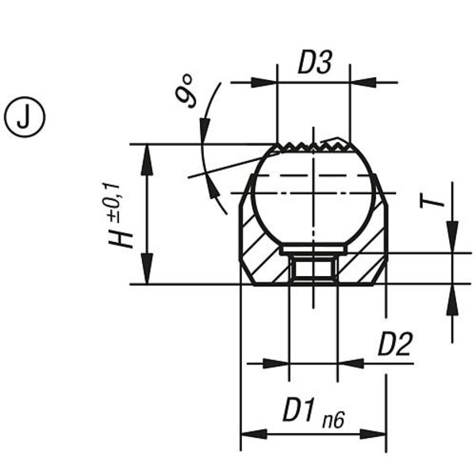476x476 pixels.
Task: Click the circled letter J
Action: [x=25, y=117]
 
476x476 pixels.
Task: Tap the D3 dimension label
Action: [x=314, y=63]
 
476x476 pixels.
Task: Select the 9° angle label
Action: [x=185, y=90]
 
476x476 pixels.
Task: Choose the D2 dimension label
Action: [x=395, y=344]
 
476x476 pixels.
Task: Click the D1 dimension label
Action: [x=299, y=410]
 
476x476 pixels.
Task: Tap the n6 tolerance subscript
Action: [x=333, y=420]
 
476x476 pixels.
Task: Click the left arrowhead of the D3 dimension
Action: [x=264, y=83]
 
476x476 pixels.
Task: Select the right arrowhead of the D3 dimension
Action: [x=363, y=83]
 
